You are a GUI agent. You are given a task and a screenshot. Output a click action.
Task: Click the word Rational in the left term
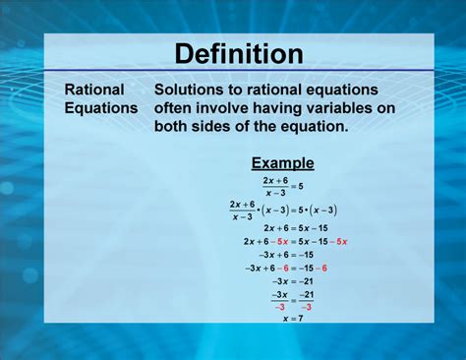point(94,90)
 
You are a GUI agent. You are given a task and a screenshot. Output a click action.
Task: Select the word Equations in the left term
point(101,108)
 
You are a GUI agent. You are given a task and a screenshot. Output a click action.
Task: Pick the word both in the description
point(172,127)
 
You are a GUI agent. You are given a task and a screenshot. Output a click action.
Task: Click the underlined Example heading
point(282,163)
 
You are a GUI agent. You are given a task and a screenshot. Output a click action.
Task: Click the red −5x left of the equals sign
point(281,240)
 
